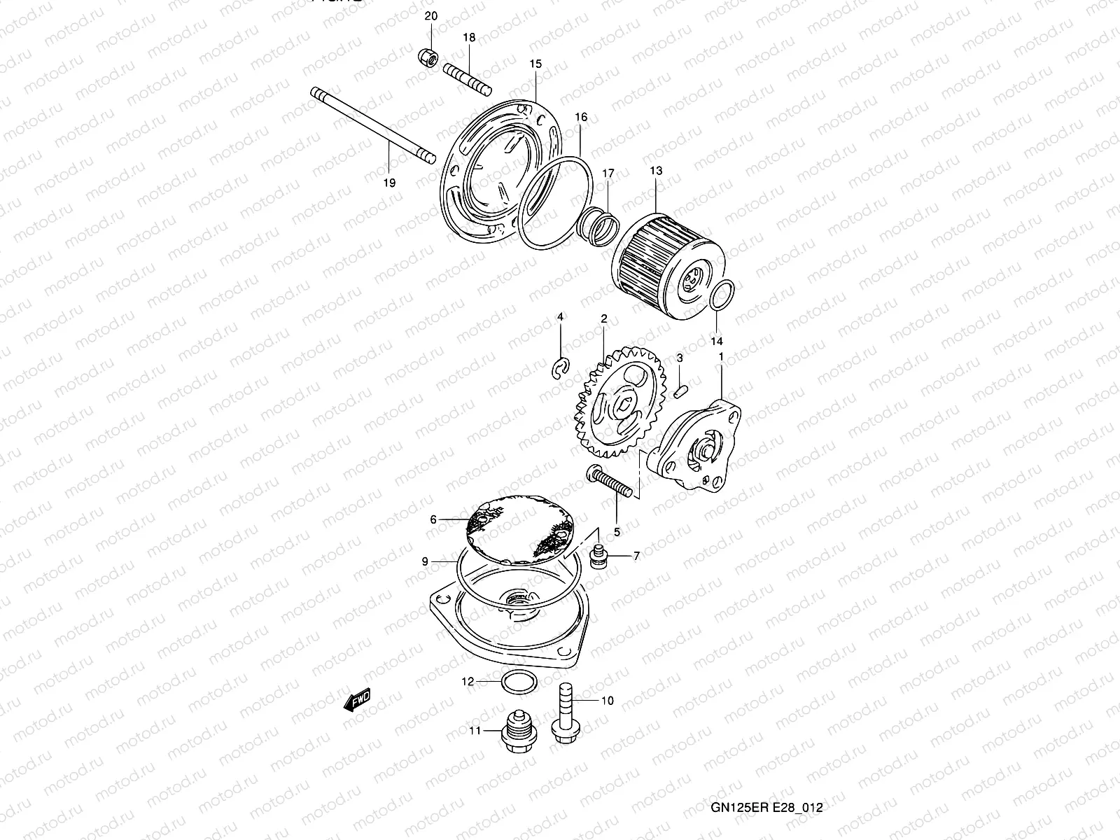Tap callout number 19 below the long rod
390,183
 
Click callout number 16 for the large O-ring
581,118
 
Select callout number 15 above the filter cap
535,64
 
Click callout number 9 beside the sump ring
425,561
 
